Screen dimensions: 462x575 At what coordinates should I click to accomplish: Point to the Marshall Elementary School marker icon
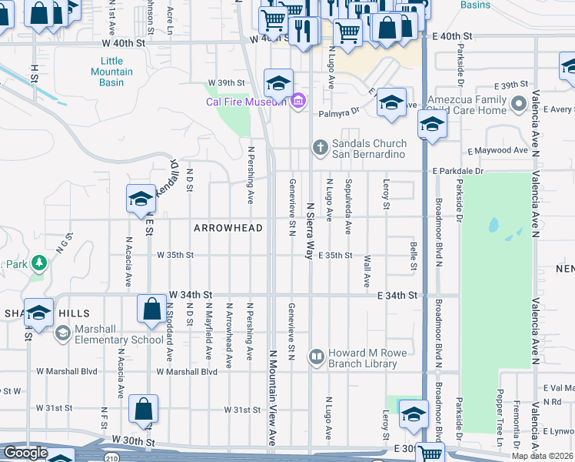[x=62, y=333]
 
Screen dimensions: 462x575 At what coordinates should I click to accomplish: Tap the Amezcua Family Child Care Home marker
[x=519, y=102]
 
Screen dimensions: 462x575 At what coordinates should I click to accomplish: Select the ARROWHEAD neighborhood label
[x=228, y=228]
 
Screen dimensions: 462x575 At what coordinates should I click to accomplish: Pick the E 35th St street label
[x=335, y=255]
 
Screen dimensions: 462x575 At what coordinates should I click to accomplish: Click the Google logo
[x=25, y=453]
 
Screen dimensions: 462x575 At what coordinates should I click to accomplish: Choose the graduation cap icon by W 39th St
[x=278, y=82]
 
